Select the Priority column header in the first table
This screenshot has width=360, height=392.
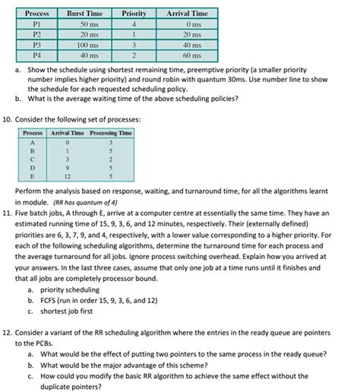134,14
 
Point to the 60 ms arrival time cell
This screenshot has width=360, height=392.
187,55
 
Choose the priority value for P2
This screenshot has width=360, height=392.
134,34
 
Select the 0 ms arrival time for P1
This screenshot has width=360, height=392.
187,24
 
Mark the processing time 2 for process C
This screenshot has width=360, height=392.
111,159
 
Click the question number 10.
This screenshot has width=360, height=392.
10,119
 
